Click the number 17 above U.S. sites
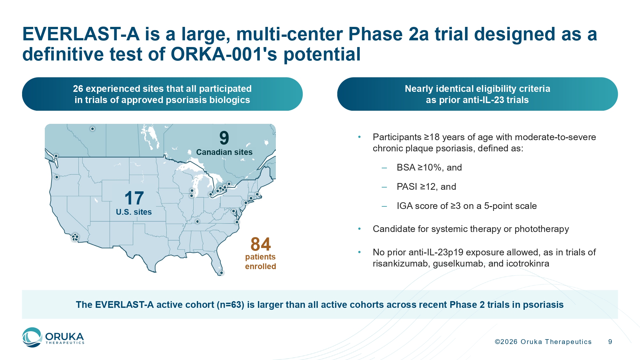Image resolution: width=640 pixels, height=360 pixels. [134, 198]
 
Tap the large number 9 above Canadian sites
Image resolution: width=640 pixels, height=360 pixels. [224, 138]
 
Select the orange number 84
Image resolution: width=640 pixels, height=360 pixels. [260, 244]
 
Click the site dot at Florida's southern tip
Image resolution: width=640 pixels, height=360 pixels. [221, 273]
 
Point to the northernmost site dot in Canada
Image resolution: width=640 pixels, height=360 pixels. [92, 129]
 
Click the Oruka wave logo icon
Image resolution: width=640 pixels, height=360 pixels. [32, 337]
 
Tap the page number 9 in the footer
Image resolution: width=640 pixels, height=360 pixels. [610, 342]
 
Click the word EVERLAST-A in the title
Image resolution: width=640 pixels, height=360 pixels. [81, 34]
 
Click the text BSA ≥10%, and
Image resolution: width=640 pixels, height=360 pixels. [429, 167]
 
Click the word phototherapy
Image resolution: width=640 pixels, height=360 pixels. [542, 229]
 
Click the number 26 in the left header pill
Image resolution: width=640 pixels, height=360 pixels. [78, 89]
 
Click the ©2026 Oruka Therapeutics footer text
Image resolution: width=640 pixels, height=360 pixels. [543, 342]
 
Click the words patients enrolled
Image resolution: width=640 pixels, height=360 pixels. [260, 262]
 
